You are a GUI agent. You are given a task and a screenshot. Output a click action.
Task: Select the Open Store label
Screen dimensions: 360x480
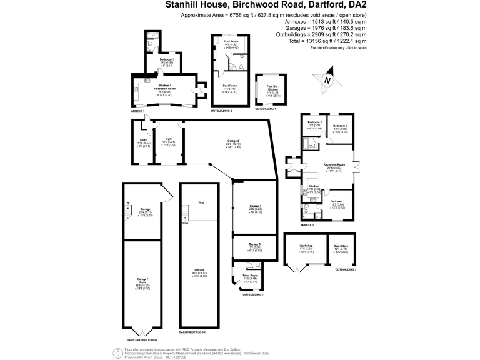pyautogui.click(x=341, y=246)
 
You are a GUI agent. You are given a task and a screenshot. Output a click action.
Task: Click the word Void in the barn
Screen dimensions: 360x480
pyautogui.click(x=201, y=202)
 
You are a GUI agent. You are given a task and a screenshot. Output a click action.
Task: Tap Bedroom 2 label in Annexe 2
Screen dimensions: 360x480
pyautogui.click(x=341, y=126)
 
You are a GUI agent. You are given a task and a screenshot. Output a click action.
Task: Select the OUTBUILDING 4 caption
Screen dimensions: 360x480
pyautogui.click(x=266, y=109)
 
